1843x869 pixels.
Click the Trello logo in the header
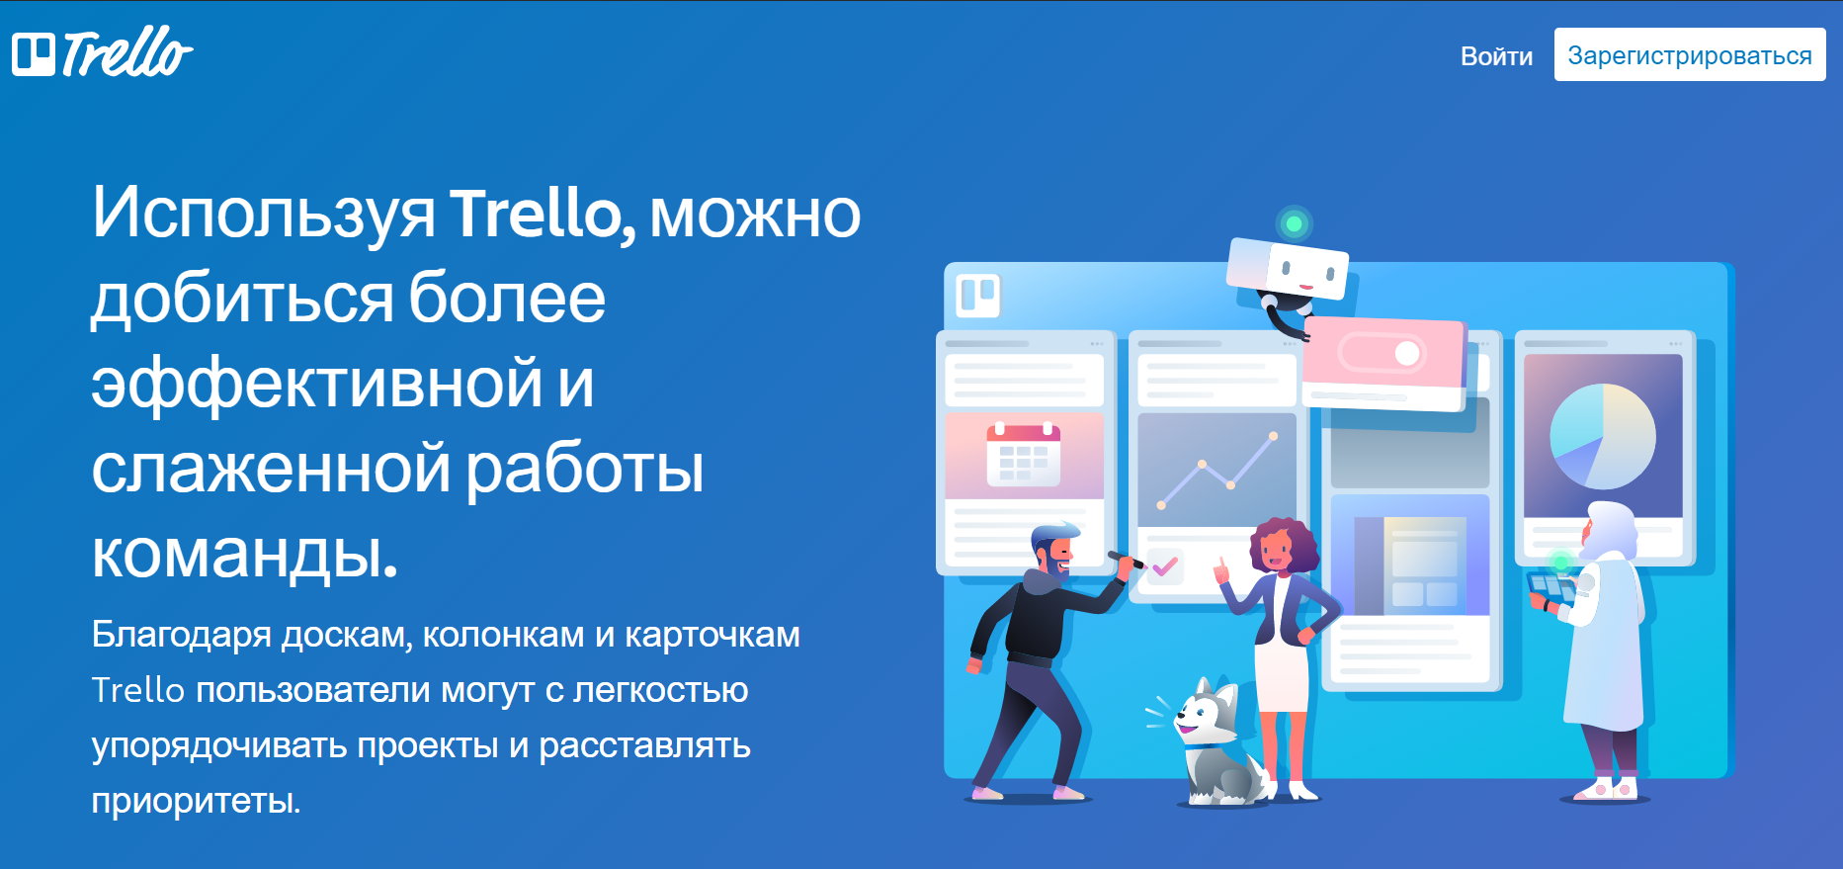[x=102, y=53]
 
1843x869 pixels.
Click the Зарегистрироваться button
[x=1690, y=55]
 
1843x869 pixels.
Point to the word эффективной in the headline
[x=317, y=384]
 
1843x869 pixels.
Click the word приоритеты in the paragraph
[x=196, y=800]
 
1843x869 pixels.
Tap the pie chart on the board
[x=1602, y=436]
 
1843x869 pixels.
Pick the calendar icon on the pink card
[x=1023, y=455]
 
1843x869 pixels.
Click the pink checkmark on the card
[x=1165, y=566]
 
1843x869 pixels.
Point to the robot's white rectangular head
[x=1287, y=267]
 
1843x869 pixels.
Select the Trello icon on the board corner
[x=978, y=295]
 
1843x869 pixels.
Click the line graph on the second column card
[x=1216, y=471]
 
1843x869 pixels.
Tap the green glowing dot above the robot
[x=1294, y=223]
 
